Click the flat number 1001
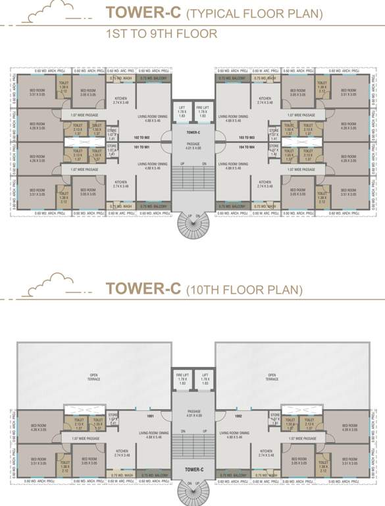149,416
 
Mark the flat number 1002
239,416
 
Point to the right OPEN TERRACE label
272,378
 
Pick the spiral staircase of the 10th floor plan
192,492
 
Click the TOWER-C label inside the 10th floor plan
192,469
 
